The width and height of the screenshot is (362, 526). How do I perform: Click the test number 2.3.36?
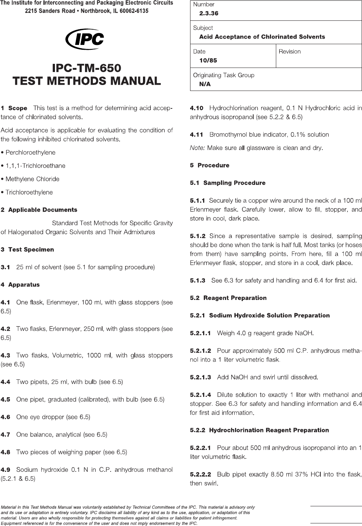point(209,13)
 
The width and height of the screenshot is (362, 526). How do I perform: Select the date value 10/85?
point(208,61)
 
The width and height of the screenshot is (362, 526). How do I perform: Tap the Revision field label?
point(290,52)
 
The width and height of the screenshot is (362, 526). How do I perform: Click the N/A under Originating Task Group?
point(205,84)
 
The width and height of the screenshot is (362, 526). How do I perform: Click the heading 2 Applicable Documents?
point(39,210)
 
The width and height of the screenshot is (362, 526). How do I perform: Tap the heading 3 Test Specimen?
point(27,249)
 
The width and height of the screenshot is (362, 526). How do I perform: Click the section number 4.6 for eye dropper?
point(6,417)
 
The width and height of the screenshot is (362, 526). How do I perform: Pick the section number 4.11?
point(197,134)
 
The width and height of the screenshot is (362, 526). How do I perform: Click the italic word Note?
point(197,148)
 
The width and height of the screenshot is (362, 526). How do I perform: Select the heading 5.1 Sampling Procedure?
point(228,183)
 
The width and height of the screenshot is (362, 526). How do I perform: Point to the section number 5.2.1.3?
point(200,377)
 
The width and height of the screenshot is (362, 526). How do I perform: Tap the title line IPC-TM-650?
point(87,68)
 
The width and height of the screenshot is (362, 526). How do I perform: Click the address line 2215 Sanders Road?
point(87,11)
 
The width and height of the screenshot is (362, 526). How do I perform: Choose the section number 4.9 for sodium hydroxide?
point(6,470)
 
